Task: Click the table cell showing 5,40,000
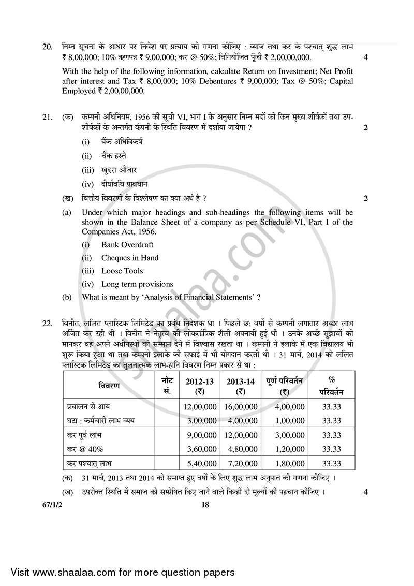point(200,464)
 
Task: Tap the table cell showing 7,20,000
point(241,464)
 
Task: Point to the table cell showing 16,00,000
point(241,407)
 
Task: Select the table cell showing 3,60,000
point(200,449)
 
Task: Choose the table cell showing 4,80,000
point(241,449)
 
